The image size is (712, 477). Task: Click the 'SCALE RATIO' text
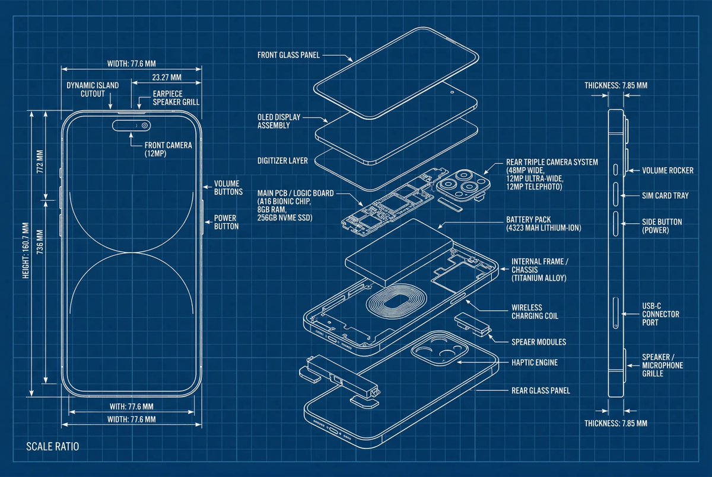tap(52, 446)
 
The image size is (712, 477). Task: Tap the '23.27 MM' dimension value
tap(167, 77)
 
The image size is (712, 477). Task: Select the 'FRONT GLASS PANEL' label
tap(289, 55)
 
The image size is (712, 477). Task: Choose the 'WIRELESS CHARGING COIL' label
tap(535, 312)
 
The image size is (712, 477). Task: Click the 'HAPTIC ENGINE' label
tap(534, 362)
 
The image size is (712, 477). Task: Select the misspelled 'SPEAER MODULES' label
tap(538, 342)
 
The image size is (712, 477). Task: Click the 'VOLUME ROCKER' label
tap(667, 171)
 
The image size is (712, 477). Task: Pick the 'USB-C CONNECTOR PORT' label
tap(660, 314)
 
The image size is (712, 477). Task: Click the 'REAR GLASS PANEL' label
tap(541, 390)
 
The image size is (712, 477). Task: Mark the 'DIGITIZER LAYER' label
tap(282, 161)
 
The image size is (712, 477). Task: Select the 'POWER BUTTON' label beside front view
tap(226, 222)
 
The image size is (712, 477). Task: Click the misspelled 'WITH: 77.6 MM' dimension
tap(132, 406)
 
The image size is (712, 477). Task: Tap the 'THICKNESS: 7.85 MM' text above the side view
tap(615, 85)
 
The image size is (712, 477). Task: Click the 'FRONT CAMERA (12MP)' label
tap(168, 149)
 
